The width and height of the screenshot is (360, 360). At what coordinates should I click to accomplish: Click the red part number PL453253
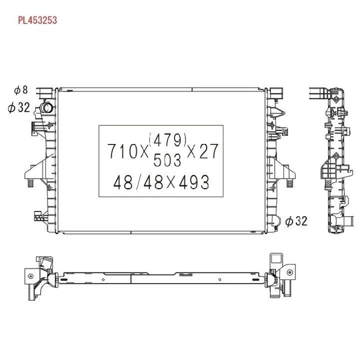point(37,20)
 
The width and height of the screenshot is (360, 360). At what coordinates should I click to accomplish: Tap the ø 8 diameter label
point(21,90)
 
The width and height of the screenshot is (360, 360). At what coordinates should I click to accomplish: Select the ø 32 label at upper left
point(19,107)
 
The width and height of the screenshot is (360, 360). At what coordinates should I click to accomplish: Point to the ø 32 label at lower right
point(296,221)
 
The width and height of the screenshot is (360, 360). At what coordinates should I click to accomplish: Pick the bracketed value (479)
point(167,139)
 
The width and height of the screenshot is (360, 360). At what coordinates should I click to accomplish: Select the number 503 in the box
point(167,160)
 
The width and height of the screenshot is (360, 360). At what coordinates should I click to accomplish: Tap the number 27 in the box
point(208,151)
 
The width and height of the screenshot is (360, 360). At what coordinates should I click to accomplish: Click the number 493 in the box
point(194,182)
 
